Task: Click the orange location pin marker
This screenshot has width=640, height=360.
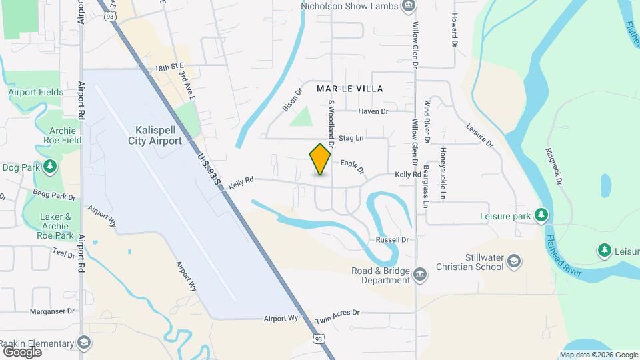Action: point(321,159)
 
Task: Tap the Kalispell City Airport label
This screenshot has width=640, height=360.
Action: point(158,135)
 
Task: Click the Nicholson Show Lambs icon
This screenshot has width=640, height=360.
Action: point(409,7)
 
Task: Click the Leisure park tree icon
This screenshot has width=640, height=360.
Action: point(542,215)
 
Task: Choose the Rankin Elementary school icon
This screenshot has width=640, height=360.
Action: point(84,343)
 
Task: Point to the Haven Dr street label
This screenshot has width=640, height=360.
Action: point(373,111)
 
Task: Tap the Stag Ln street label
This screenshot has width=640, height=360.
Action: point(351,139)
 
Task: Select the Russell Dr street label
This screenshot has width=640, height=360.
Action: point(391,239)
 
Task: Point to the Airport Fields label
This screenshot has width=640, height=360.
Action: point(36,92)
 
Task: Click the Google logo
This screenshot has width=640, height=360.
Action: point(22,351)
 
